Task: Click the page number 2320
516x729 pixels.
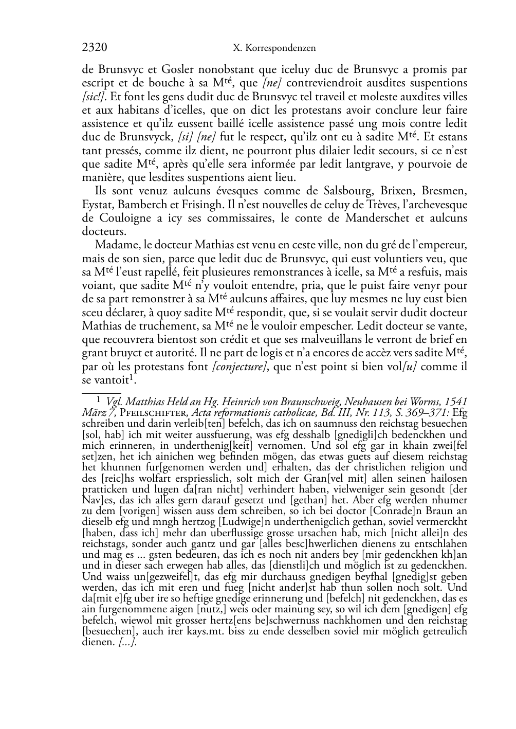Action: tap(94, 48)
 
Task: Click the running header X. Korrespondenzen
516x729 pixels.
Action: tap(274, 48)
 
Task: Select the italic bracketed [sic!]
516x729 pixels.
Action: tap(95, 97)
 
